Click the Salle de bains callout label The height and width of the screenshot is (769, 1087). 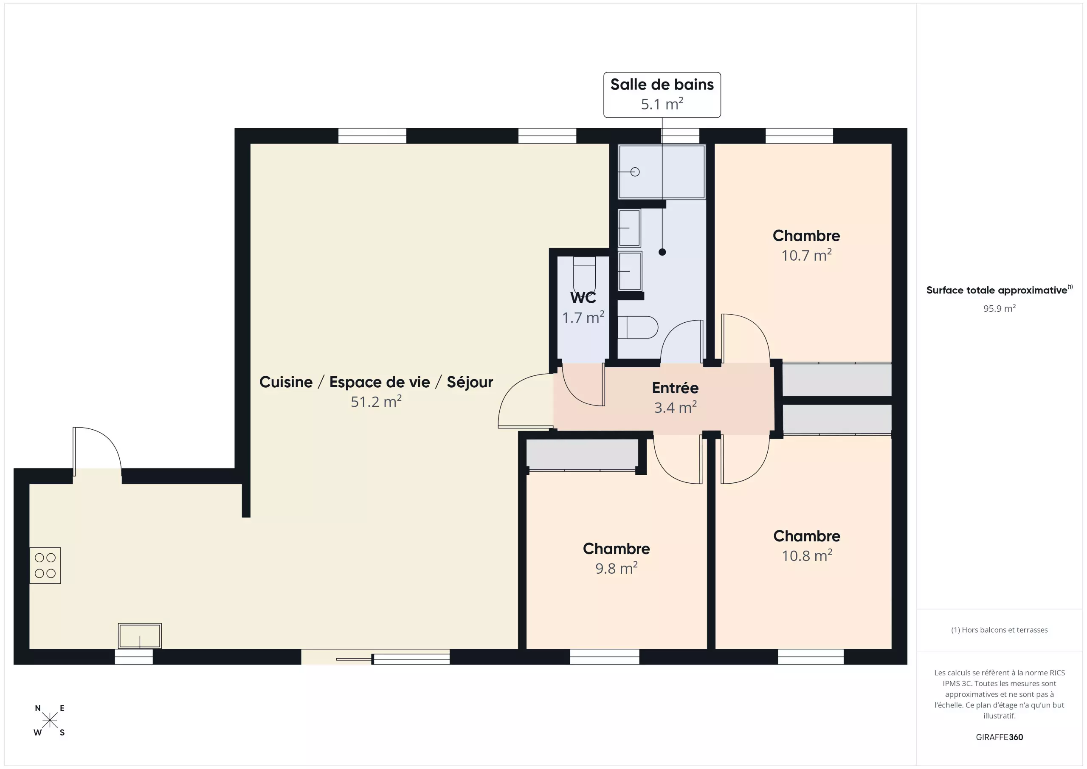click(x=662, y=95)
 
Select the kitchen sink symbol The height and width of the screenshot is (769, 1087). click(x=140, y=636)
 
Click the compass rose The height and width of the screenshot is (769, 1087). click(x=49, y=720)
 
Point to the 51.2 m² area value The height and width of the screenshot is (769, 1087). click(x=376, y=402)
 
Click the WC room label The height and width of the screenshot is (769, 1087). click(x=583, y=298)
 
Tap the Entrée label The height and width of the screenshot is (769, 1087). click(x=675, y=388)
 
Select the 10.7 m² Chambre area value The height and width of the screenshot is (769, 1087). click(x=806, y=255)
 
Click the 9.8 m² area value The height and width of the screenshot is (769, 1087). click(x=616, y=568)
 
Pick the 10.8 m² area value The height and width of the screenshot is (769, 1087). click(x=807, y=555)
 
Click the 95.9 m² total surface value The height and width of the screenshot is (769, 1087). click(x=1000, y=308)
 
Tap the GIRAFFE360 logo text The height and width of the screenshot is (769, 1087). click(x=1000, y=737)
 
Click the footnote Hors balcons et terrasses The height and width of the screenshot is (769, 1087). click(x=1000, y=630)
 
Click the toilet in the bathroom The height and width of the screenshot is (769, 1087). click(x=638, y=327)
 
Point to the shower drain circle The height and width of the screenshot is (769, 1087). click(x=635, y=172)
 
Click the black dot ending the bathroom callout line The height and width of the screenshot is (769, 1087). click(x=662, y=252)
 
